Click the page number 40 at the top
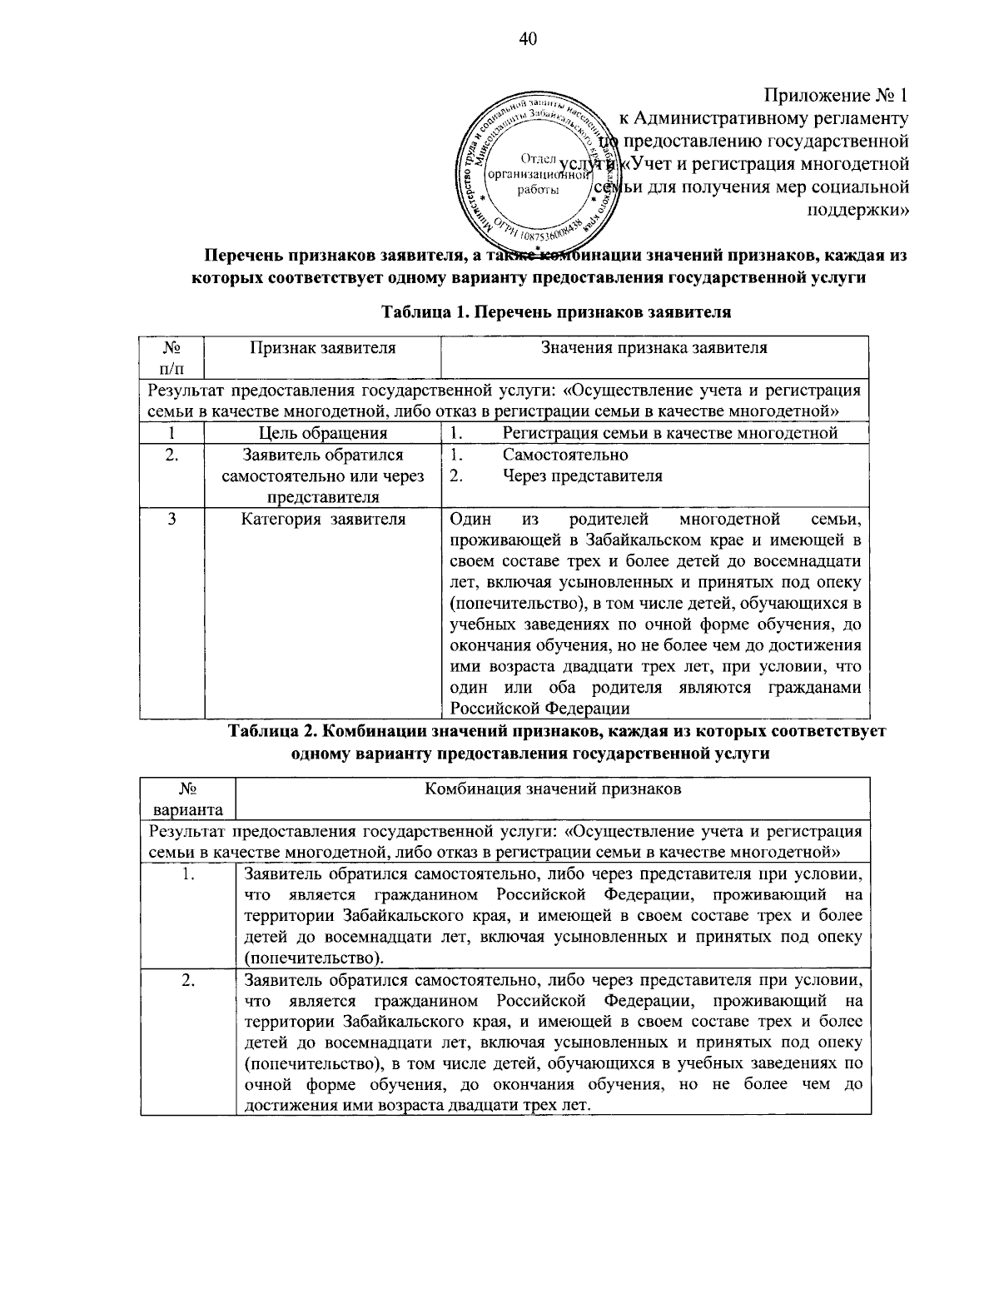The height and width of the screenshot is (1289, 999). (x=529, y=39)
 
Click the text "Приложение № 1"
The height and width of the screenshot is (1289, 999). (x=835, y=95)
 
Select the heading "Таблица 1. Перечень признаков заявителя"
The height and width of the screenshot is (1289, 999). (x=555, y=313)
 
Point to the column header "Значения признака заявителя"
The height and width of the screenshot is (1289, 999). (x=654, y=348)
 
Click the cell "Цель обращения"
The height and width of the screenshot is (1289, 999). (x=323, y=433)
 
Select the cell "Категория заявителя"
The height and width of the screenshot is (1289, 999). (x=323, y=520)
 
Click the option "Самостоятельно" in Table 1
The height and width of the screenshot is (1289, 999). (x=565, y=455)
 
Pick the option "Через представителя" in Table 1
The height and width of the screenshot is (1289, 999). (x=583, y=476)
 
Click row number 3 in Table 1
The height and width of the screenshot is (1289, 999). (x=171, y=520)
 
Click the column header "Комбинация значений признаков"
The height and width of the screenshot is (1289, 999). (x=553, y=789)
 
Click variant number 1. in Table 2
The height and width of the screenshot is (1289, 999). (x=188, y=873)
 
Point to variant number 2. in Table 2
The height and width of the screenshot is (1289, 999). (x=188, y=980)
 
